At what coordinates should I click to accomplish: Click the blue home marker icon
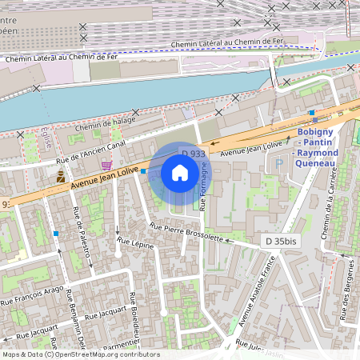pos(180,172)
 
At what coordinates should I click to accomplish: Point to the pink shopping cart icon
pos(106,163)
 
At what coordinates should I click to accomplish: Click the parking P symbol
pos(279,163)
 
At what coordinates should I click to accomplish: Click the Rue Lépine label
pos(134,240)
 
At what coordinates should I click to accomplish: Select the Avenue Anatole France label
pos(257,293)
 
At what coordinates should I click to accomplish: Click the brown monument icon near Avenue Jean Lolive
pos(60,178)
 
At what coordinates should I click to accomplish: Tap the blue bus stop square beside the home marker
pos(143,171)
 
